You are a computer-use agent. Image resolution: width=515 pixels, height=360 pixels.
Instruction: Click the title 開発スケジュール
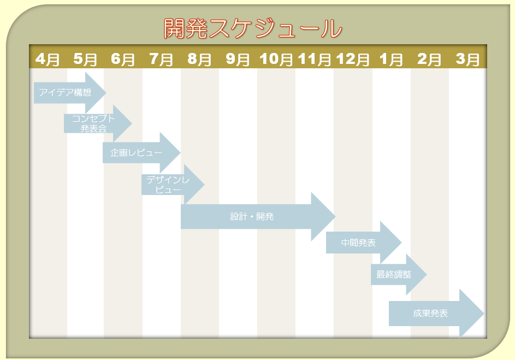[253, 28]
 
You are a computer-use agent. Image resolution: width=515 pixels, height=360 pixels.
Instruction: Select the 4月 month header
[48, 58]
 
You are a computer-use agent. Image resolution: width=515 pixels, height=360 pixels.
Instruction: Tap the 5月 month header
[85, 58]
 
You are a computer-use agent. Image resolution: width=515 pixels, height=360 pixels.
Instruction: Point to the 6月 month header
[123, 58]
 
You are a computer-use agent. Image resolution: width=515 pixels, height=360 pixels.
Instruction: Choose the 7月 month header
[161, 58]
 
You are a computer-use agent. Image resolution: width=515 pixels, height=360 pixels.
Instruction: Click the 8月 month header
[199, 58]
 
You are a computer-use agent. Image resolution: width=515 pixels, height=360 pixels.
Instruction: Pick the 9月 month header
[238, 58]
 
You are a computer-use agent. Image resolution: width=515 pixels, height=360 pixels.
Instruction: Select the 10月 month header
[276, 58]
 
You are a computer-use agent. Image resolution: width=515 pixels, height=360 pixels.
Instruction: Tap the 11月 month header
[315, 58]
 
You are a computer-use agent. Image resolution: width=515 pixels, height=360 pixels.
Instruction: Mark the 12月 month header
[353, 58]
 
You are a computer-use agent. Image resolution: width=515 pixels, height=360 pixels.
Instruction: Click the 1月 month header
[391, 58]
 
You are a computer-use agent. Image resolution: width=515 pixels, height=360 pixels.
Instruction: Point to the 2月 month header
[429, 58]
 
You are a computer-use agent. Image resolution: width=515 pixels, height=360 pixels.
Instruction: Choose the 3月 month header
[467, 58]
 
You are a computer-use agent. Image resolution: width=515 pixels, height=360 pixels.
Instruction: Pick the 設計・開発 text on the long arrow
[252, 216]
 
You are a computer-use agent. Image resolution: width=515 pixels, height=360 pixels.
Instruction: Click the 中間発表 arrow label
[358, 243]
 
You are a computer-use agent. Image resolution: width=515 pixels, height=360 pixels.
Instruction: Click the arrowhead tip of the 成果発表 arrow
[483, 314]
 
